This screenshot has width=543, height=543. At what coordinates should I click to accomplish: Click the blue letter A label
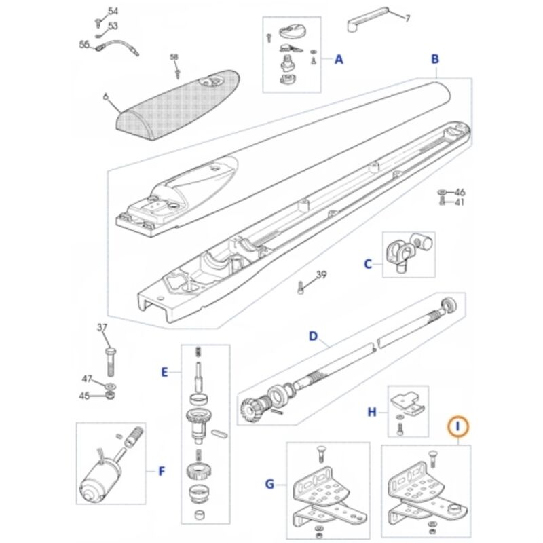point(339,60)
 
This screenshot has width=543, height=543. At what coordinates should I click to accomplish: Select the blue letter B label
point(435,59)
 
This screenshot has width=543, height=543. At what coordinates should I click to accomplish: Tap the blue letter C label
point(368,265)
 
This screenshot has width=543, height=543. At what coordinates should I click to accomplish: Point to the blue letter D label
point(313,336)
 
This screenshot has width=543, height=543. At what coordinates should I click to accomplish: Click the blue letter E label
point(164,372)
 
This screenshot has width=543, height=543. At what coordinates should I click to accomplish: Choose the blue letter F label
point(162,471)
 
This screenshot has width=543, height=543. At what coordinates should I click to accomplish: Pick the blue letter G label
point(269,484)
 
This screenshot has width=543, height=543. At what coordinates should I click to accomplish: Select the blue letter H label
point(371,412)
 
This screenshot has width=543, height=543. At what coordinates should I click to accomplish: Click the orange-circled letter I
point(457,427)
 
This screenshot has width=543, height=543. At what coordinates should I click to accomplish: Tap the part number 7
point(408,18)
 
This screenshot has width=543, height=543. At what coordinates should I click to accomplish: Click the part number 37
point(102,327)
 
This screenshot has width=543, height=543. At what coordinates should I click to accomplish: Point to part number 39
point(321,275)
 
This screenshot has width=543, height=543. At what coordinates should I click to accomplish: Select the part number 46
point(460,192)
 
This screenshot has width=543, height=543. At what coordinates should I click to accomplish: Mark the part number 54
point(113,11)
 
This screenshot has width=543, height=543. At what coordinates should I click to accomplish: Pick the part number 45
point(84,396)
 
